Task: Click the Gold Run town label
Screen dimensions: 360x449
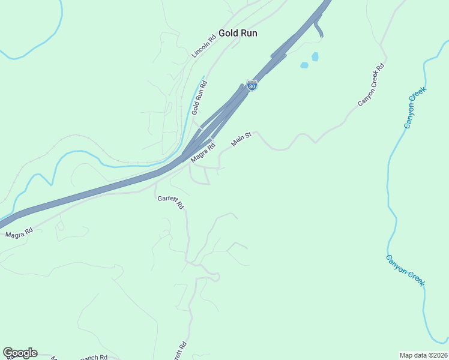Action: point(238,33)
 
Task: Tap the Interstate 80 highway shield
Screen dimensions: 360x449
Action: point(252,85)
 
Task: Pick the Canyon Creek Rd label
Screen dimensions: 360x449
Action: point(370,85)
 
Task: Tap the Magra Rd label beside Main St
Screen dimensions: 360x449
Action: point(203,152)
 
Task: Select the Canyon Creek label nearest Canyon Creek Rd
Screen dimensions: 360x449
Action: point(415,107)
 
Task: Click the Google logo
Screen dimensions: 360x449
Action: point(20,353)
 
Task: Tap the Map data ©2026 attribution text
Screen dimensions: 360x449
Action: point(423,355)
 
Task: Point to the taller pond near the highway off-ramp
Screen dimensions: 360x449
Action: point(315,56)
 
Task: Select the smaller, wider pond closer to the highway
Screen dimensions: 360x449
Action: point(304,65)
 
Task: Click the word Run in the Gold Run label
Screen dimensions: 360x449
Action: point(248,33)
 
